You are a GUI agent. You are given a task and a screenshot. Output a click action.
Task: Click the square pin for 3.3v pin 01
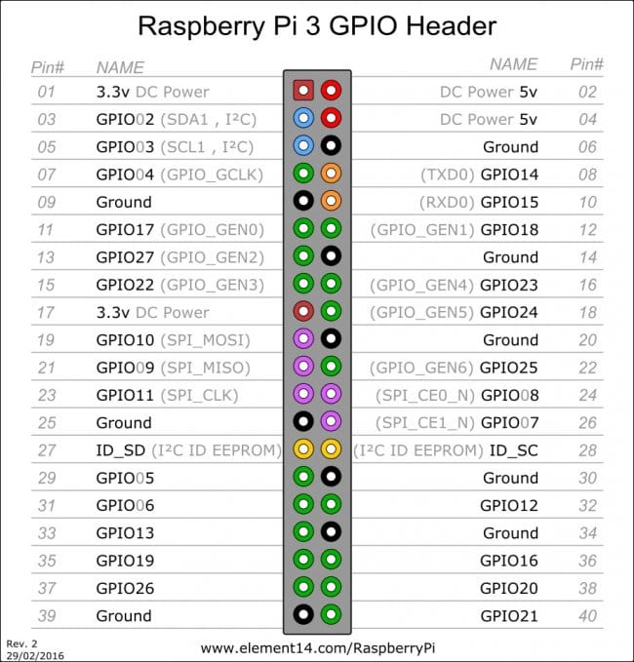click(303, 90)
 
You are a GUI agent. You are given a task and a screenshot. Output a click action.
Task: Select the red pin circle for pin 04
click(331, 118)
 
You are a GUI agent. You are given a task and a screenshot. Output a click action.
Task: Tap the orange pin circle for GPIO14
click(331, 174)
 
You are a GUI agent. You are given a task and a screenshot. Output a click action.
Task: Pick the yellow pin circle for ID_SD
click(303, 448)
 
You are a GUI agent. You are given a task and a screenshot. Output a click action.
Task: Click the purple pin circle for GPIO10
click(303, 338)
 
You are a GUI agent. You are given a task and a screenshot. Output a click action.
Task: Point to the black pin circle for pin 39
click(303, 614)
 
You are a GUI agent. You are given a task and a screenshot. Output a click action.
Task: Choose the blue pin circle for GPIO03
click(303, 145)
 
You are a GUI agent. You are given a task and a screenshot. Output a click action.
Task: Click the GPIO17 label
click(125, 230)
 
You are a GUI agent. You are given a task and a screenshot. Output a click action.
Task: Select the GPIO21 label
click(509, 616)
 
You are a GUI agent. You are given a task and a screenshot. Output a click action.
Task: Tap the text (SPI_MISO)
click(205, 368)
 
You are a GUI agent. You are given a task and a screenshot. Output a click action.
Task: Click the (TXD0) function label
click(448, 175)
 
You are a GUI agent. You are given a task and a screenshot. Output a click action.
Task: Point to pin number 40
click(587, 616)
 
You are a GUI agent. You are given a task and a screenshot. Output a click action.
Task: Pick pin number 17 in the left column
click(46, 313)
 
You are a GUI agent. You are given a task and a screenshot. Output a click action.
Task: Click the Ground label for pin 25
click(124, 423)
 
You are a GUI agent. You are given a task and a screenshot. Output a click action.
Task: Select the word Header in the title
click(451, 25)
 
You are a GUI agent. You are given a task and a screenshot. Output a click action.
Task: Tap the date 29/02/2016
click(35, 656)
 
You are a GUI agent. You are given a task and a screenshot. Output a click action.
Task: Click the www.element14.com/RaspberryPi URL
click(318, 648)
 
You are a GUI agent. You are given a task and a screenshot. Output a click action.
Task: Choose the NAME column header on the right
click(513, 64)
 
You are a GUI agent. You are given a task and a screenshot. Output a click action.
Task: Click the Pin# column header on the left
click(48, 67)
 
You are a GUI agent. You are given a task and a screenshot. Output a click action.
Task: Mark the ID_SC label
click(514, 450)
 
